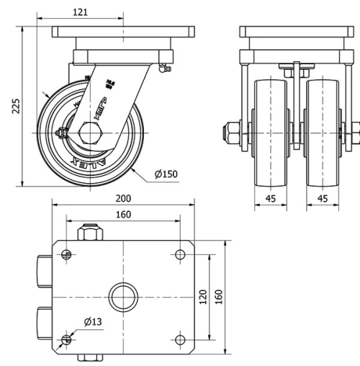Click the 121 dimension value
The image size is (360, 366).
click(x=81, y=12)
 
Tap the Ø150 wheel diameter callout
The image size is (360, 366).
click(x=166, y=174)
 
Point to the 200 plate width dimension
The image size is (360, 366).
click(x=124, y=198)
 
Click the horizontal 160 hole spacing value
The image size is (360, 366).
click(x=124, y=214)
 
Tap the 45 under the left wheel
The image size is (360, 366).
click(x=271, y=198)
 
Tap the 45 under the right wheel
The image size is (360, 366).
click(x=322, y=198)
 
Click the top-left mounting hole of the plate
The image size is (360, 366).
click(x=67, y=253)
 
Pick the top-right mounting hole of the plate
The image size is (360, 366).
click(x=180, y=253)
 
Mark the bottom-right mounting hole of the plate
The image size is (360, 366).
click(x=180, y=339)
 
